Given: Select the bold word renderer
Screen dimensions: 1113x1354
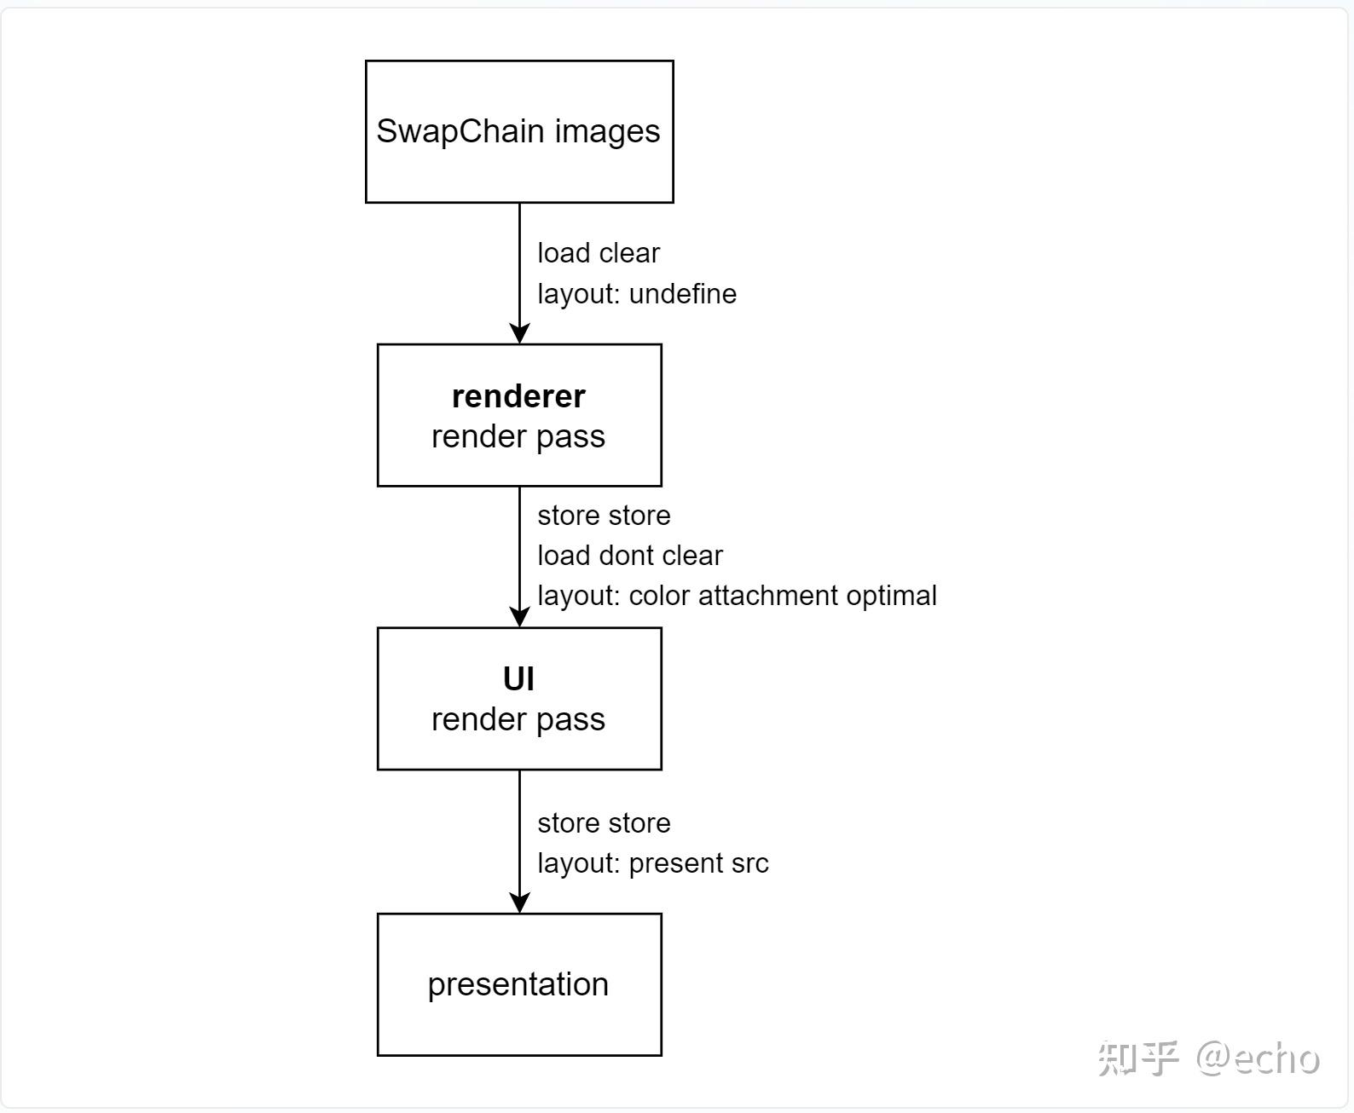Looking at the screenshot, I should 518,396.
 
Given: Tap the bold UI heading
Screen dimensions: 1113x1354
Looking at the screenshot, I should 518,679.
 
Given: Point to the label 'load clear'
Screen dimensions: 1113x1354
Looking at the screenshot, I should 599,253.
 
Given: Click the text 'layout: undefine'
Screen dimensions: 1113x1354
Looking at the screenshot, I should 637,294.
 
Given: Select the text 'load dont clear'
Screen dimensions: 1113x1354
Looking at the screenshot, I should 630,556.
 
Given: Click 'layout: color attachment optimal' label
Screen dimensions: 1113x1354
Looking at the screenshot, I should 737,596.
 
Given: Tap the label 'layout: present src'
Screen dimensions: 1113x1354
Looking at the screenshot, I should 653,863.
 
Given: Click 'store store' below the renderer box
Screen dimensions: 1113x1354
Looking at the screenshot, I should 604,516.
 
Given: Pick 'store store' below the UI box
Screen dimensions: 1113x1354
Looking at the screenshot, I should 604,823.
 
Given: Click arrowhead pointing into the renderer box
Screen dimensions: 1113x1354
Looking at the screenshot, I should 519,333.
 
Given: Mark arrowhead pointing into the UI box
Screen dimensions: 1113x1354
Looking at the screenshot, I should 519,617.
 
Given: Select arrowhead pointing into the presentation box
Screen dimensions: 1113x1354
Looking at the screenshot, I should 519,903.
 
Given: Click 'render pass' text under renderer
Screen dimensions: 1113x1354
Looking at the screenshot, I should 518,436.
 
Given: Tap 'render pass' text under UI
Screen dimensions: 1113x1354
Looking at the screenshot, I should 518,719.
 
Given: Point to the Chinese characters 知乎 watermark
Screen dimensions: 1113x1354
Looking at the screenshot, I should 1138,1058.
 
